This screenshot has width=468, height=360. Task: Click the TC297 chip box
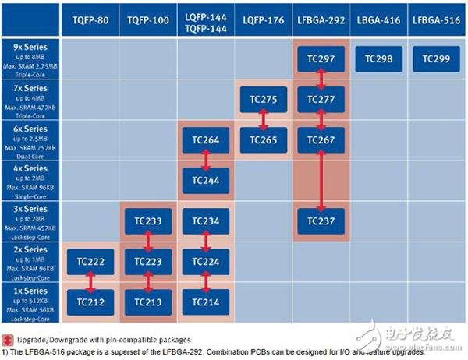[x=321, y=59]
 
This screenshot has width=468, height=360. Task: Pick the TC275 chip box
[x=263, y=100]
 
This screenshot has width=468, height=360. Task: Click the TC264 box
[x=205, y=140]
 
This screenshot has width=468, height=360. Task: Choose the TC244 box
[x=205, y=181]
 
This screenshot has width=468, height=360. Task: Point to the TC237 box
[x=321, y=221]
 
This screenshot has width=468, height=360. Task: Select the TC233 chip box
[x=147, y=221]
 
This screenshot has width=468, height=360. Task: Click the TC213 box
[x=147, y=302]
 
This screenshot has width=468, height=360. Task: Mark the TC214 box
[x=205, y=302]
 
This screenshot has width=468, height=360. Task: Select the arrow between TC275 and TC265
[x=263, y=120]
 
